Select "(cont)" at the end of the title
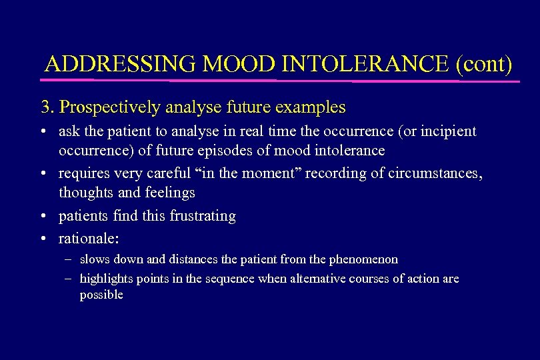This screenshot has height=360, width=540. coord(485,64)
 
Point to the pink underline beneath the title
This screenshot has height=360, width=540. coord(280,81)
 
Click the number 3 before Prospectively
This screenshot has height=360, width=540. coord(45,107)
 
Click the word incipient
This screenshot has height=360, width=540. coord(449,131)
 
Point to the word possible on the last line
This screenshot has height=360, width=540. coord(101,295)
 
